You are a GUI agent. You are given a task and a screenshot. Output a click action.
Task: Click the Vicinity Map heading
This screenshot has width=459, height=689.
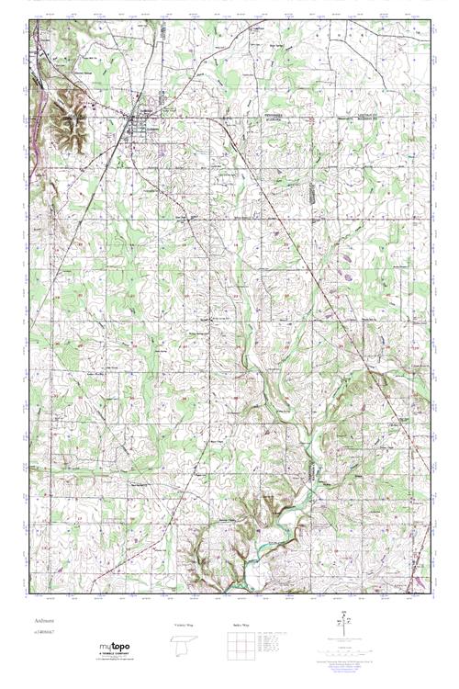pos(184,626)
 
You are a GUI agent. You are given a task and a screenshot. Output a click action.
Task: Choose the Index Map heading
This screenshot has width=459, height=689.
pos(238,626)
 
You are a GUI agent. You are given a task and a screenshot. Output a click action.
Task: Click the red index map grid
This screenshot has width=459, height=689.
pos(238,647)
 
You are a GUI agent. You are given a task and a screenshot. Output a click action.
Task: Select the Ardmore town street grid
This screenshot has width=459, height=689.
pos(143,123)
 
